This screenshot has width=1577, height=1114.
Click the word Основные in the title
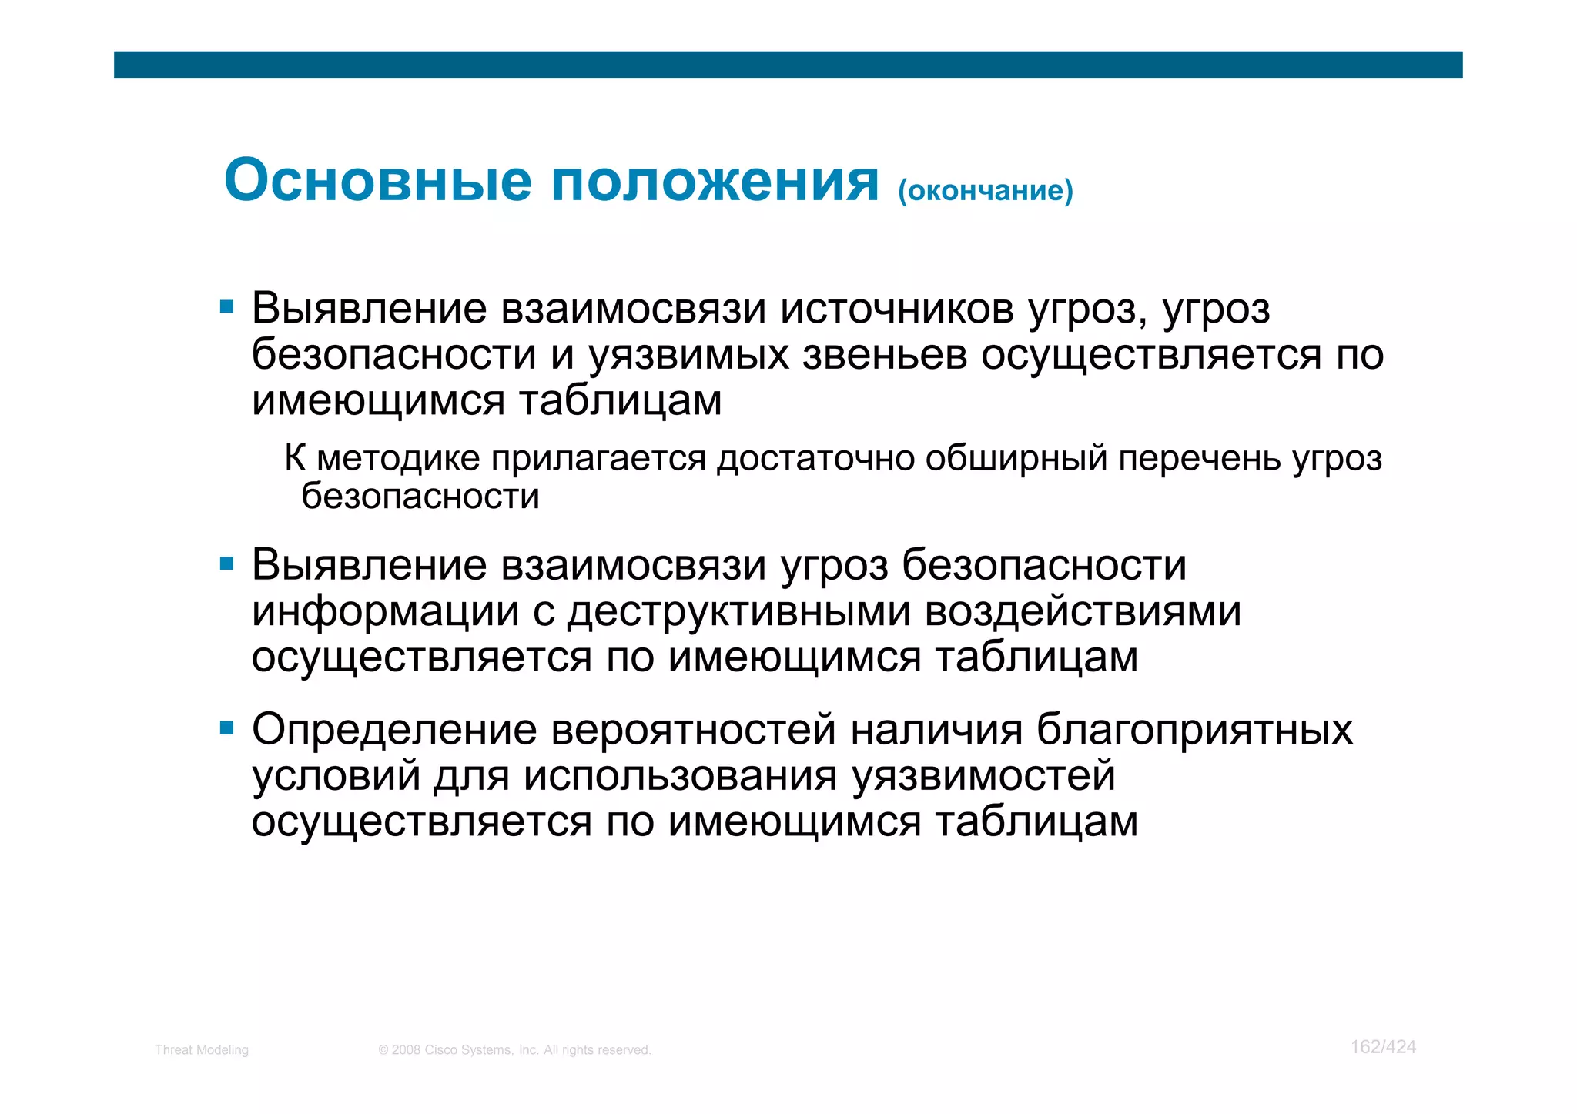coord(377,182)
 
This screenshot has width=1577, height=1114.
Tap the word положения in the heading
coord(715,182)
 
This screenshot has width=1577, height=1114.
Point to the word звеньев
coord(885,356)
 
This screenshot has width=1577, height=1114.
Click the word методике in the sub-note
coord(398,459)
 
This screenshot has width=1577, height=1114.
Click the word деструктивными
coord(739,613)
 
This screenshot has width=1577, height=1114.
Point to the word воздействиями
coord(1083,613)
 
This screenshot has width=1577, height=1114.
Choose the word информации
coord(385,613)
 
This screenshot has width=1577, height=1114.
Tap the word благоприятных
coord(1194,730)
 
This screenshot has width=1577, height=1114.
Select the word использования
coord(680,776)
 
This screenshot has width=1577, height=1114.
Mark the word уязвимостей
coord(983,776)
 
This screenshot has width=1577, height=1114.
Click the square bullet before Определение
coord(226,728)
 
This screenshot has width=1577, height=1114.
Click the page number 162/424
coord(1383,1047)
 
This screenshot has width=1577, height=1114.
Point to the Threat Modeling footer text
coord(202,1050)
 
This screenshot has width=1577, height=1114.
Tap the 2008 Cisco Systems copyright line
coord(514,1050)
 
